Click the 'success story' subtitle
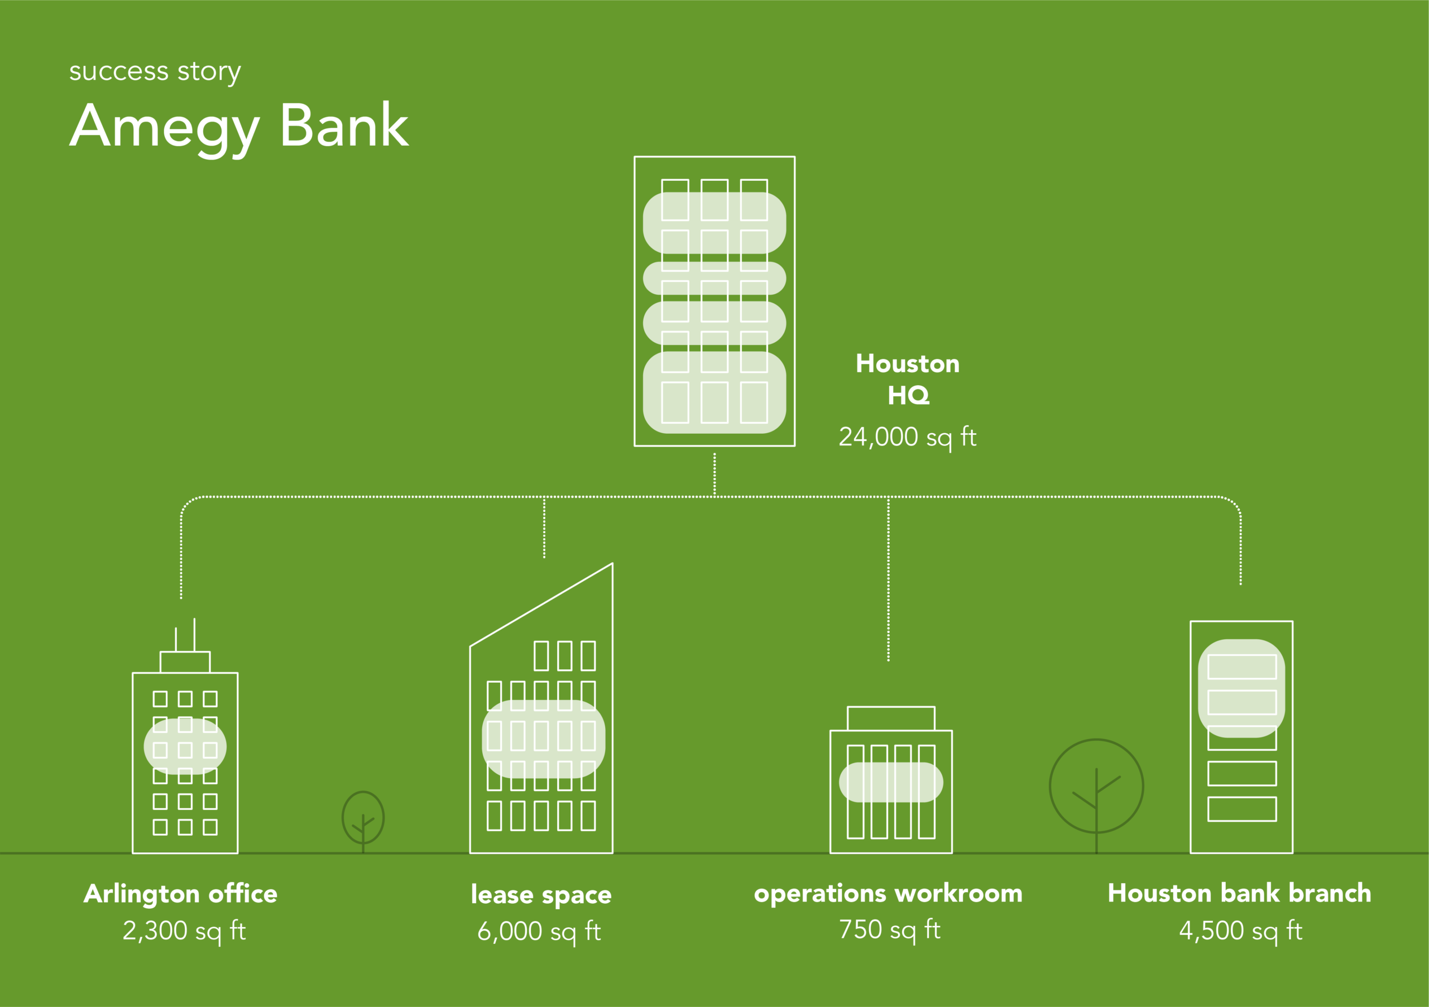click(155, 71)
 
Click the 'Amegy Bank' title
click(239, 126)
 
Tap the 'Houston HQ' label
click(908, 379)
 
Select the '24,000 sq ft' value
click(908, 437)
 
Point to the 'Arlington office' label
click(180, 894)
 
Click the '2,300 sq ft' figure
click(184, 931)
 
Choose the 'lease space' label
click(541, 894)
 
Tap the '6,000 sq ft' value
click(539, 932)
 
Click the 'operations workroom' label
click(888, 893)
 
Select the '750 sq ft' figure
click(889, 930)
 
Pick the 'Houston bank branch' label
click(1239, 893)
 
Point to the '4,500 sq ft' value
click(1240, 931)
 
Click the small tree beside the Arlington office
click(363, 818)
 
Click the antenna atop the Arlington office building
click(194, 635)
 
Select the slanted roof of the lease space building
click(541, 605)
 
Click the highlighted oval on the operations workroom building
click(891, 783)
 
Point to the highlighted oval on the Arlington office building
click(185, 746)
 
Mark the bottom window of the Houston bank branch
click(1241, 809)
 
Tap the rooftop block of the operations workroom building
click(891, 718)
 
